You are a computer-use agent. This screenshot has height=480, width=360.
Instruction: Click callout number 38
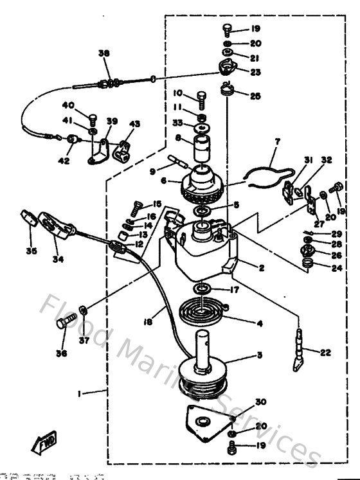[x=104, y=53]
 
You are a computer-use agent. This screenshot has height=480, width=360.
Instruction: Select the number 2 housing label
[x=262, y=268]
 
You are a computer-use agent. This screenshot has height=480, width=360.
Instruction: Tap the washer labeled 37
[x=83, y=312]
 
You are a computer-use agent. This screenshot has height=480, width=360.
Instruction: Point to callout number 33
[x=178, y=123]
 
